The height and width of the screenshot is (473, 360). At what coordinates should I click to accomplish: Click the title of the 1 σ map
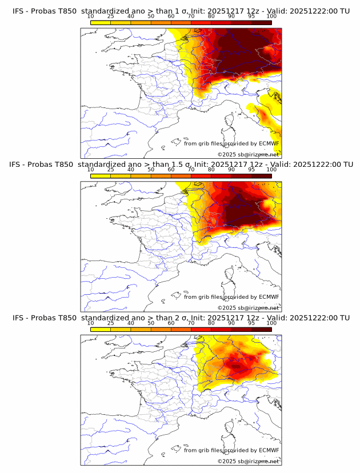pos(181,11)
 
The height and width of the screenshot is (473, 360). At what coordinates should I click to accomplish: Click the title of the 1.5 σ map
pos(181,165)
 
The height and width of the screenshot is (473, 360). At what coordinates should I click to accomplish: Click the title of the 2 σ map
pos(181,318)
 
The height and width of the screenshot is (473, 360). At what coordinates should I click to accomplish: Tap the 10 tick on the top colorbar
pos(91,16)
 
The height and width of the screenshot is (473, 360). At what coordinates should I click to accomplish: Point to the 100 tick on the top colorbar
pos(271,16)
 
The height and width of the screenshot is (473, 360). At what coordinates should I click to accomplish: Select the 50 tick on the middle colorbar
pos(151,170)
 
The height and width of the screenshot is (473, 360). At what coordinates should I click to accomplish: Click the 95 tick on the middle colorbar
pos(251,170)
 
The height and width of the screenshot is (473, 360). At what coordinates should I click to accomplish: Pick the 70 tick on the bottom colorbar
pos(191,323)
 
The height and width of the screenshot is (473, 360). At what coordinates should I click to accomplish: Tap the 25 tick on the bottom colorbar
pos(111,323)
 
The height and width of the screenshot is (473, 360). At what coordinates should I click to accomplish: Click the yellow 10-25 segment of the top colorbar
pos(101,22)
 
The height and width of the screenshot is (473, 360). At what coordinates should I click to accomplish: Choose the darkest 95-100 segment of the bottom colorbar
pos(261,329)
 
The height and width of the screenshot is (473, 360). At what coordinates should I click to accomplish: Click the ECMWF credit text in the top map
pos(231,143)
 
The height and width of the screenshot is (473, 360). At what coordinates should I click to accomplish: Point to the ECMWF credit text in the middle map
pos(231,297)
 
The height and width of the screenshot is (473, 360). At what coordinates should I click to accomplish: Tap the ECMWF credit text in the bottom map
pos(231,450)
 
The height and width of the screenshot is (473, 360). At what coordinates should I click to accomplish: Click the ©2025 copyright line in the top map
pos(248,154)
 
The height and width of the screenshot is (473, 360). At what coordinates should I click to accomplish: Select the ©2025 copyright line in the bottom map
pos(248,461)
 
